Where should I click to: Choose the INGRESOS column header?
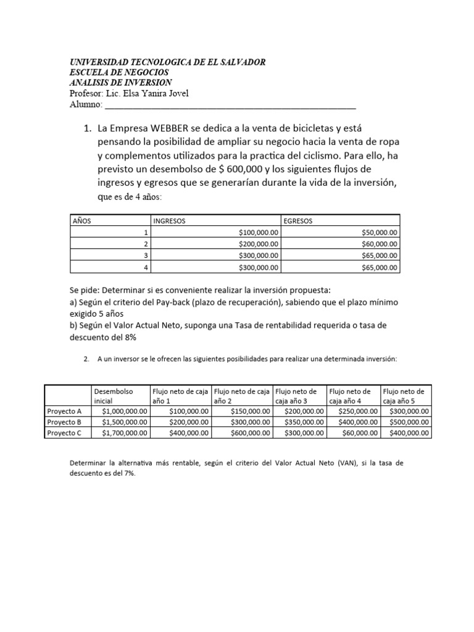pos(169,220)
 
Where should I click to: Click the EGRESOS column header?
pos(299,220)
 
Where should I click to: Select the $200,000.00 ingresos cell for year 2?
pos(259,244)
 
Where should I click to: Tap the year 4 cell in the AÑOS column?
pos(146,267)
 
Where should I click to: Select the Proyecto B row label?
pos(64,422)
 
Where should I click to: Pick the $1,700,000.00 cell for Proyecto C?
pos(122,433)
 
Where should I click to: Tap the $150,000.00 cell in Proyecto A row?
pos(251,410)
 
